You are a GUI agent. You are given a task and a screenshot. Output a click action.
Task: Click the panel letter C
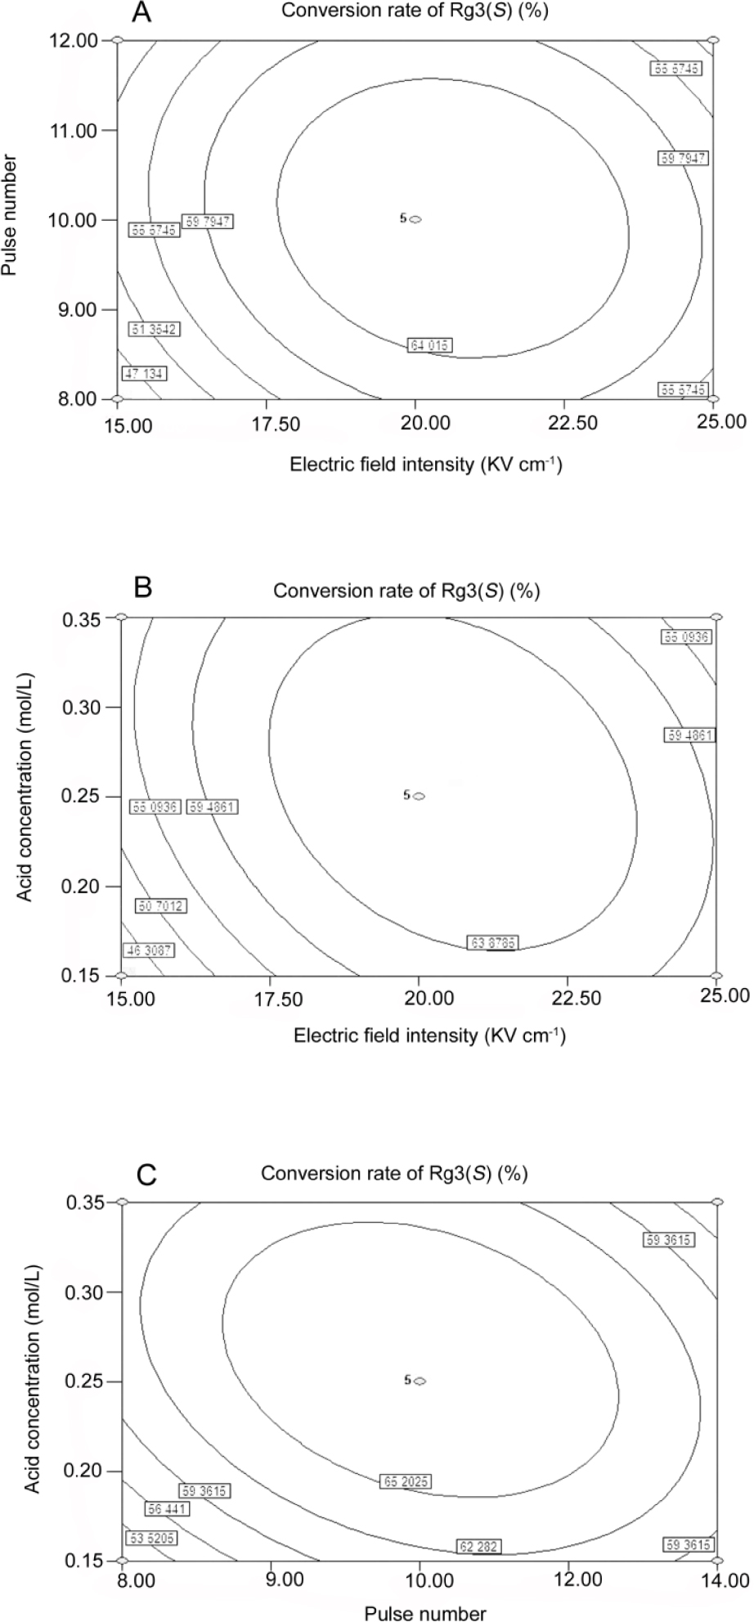[x=147, y=1176]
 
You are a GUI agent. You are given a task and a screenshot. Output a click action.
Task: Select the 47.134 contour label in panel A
[x=144, y=374]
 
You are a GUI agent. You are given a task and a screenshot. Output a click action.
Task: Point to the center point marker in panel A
[x=415, y=219]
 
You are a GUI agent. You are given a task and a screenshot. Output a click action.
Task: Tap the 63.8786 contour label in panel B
[x=493, y=943]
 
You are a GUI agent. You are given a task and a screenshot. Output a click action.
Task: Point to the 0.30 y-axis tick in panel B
[x=82, y=707]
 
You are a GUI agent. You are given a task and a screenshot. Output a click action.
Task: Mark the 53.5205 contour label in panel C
[x=151, y=1539]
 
